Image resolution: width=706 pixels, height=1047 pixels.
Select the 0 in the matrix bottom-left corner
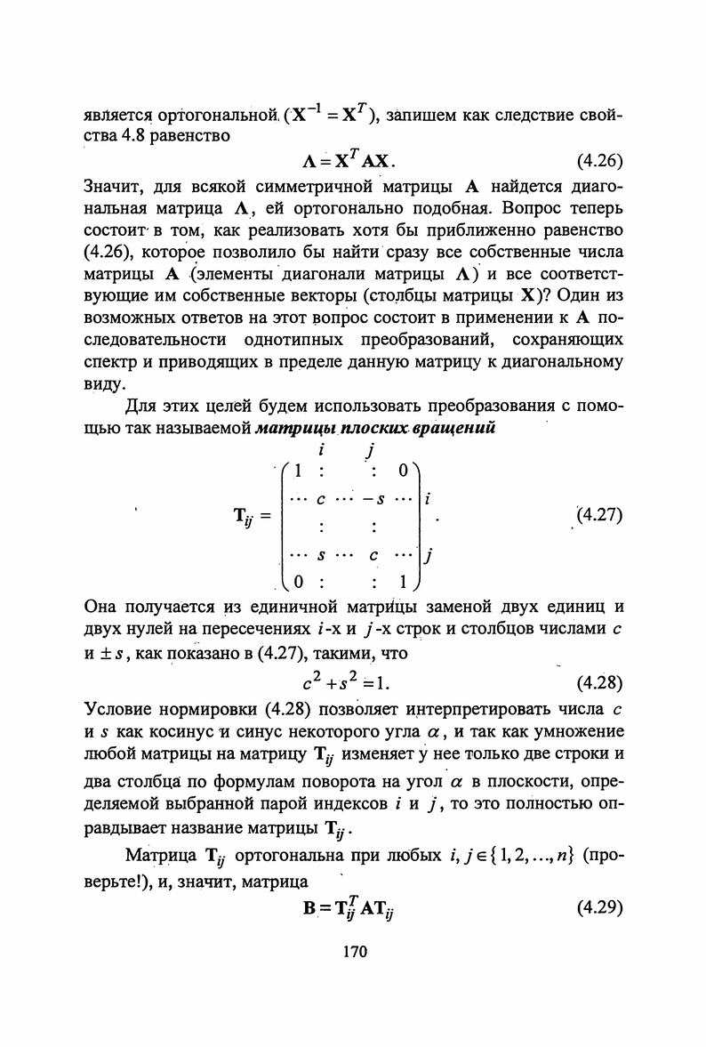coord(300,584)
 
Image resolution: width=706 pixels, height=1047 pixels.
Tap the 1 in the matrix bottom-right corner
coord(403,584)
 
